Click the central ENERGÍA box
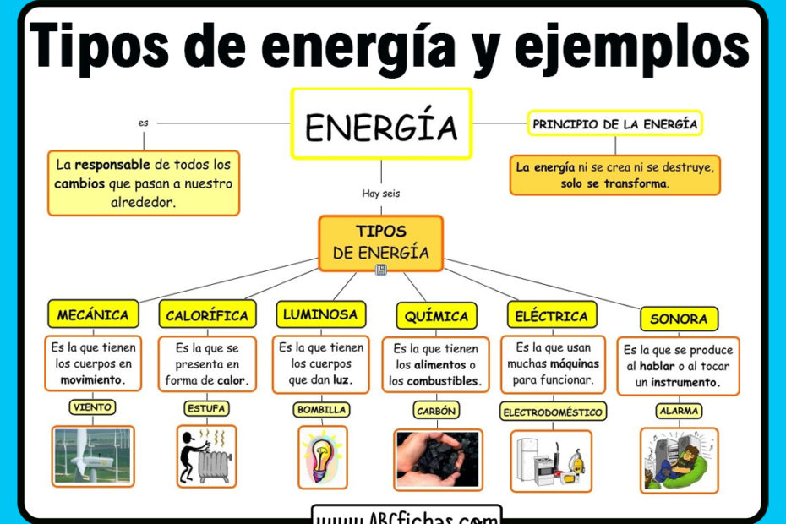tap(381, 124)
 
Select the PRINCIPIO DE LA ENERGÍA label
tap(614, 124)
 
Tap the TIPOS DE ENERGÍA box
tap(380, 242)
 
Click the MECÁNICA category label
tap(93, 315)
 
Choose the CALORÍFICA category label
tap(207, 315)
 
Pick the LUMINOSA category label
tap(320, 314)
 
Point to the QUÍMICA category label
tap(436, 316)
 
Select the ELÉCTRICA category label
tap(551, 316)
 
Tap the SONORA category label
tap(679, 319)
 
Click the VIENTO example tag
tap(93, 407)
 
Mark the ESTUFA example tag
tap(207, 409)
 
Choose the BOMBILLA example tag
tap(321, 410)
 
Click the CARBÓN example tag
tap(437, 411)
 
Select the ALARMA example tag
tap(679, 411)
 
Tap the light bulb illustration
tap(322, 457)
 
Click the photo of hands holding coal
tap(437, 459)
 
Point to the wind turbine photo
tap(93, 456)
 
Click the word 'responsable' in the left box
tap(112, 165)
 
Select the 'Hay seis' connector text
tap(380, 194)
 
